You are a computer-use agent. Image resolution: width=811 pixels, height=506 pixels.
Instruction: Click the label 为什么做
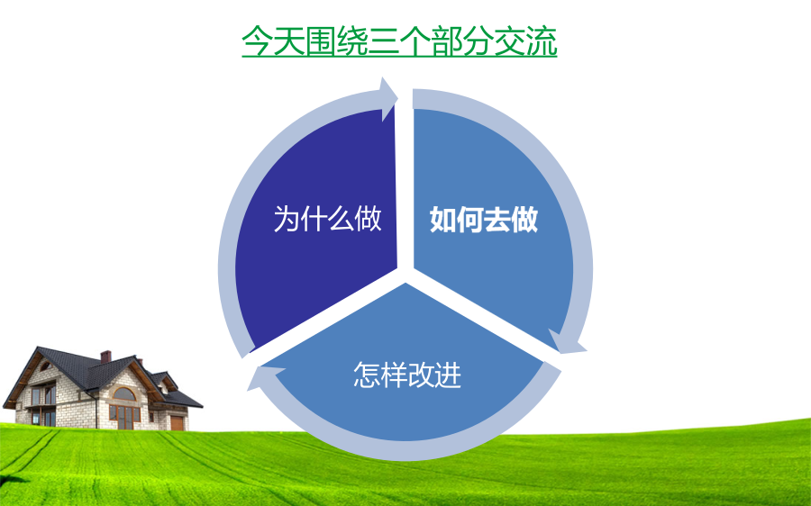coord(327,219)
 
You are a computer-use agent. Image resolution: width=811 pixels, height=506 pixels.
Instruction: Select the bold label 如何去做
coord(484,219)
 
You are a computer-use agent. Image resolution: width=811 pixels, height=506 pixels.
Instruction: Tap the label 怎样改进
coord(407,375)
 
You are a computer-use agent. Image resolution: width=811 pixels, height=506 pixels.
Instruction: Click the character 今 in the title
coord(258,41)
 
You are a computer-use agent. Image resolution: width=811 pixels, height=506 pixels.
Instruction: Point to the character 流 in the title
coord(542,41)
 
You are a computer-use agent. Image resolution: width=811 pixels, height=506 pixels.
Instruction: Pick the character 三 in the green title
coord(384,41)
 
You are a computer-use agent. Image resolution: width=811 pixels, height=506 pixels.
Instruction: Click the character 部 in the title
coord(447,41)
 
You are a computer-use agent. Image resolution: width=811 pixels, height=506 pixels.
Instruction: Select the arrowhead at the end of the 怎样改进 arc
coord(265,376)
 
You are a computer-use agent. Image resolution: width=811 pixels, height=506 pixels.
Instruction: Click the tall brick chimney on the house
coord(105,357)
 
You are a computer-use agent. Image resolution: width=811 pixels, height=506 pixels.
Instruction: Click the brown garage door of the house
coord(177,423)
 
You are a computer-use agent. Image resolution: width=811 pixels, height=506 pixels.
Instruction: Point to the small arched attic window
coord(46,366)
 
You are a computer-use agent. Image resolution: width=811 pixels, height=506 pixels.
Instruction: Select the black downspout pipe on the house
coord(96,410)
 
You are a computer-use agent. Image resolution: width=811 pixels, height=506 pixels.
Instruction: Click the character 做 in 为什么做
coord(369,219)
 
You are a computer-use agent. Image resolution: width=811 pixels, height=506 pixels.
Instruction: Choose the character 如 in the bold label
coord(442,219)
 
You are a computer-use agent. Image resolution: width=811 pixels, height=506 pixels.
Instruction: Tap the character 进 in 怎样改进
coord(448,375)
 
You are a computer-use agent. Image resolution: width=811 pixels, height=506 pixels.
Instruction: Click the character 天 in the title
coord(289,41)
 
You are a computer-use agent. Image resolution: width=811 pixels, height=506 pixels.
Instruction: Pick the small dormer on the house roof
coord(165,382)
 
